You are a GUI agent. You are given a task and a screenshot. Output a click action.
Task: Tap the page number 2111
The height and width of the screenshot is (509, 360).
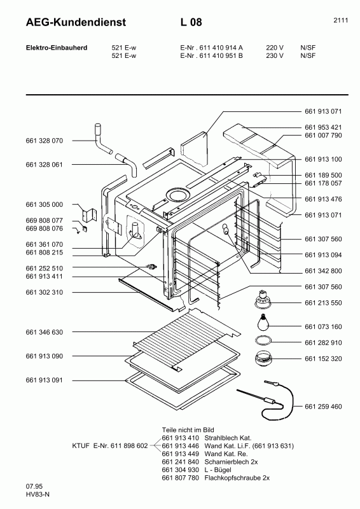click(x=340, y=21)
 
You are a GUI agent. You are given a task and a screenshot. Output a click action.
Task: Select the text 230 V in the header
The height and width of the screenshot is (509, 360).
click(x=275, y=55)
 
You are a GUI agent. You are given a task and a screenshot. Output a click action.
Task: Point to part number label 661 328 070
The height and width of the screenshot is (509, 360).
click(x=45, y=140)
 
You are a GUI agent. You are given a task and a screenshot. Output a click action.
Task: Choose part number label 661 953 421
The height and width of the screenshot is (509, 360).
click(x=323, y=127)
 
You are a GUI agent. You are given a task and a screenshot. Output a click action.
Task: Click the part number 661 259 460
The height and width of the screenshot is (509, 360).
click(x=323, y=406)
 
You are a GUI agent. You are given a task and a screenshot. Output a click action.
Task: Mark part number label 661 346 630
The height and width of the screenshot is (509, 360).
click(x=45, y=332)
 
